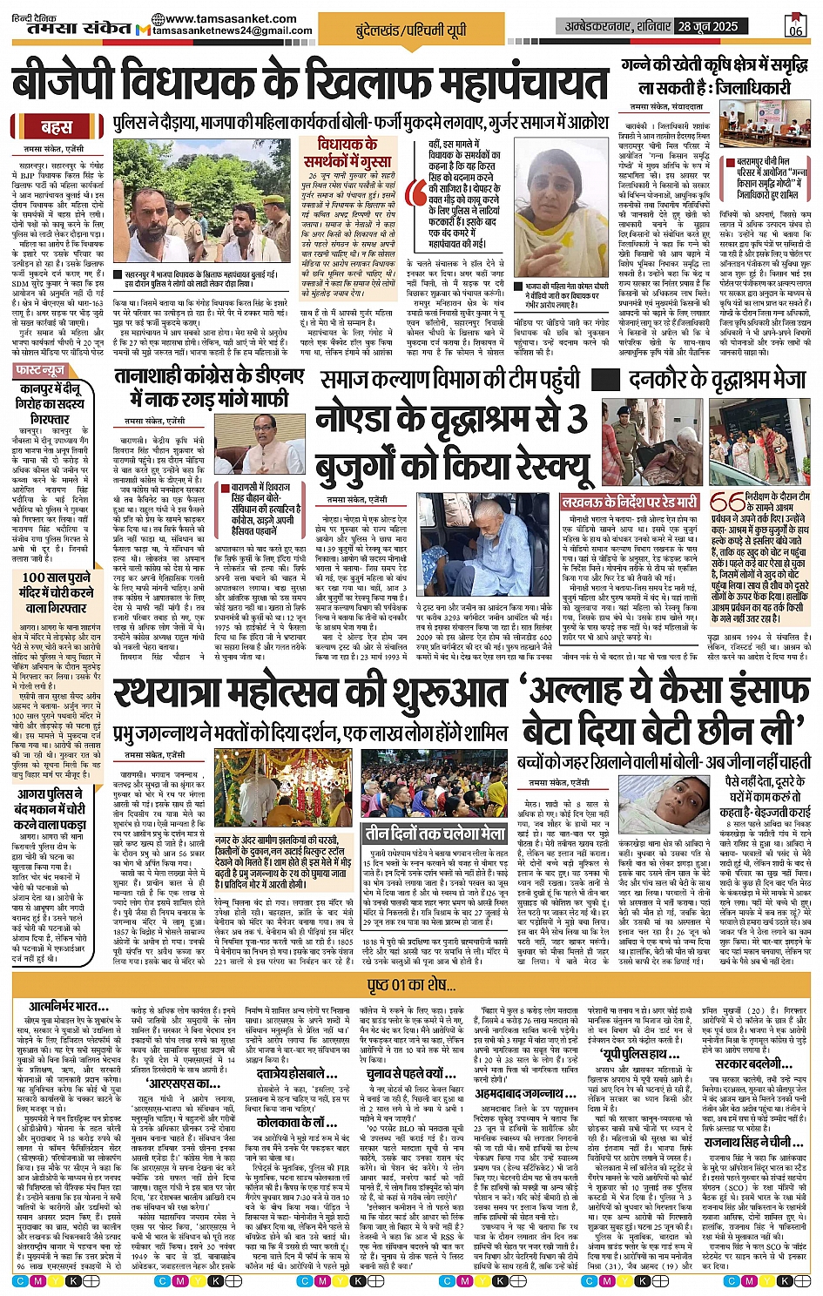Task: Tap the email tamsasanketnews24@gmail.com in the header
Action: click(x=233, y=30)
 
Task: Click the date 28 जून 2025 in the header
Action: click(x=709, y=26)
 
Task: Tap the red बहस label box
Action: click(x=57, y=127)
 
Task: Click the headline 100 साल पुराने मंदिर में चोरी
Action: click(x=57, y=592)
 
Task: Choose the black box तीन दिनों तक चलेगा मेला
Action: click(x=435, y=833)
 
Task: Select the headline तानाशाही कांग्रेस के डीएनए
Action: click(x=209, y=387)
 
